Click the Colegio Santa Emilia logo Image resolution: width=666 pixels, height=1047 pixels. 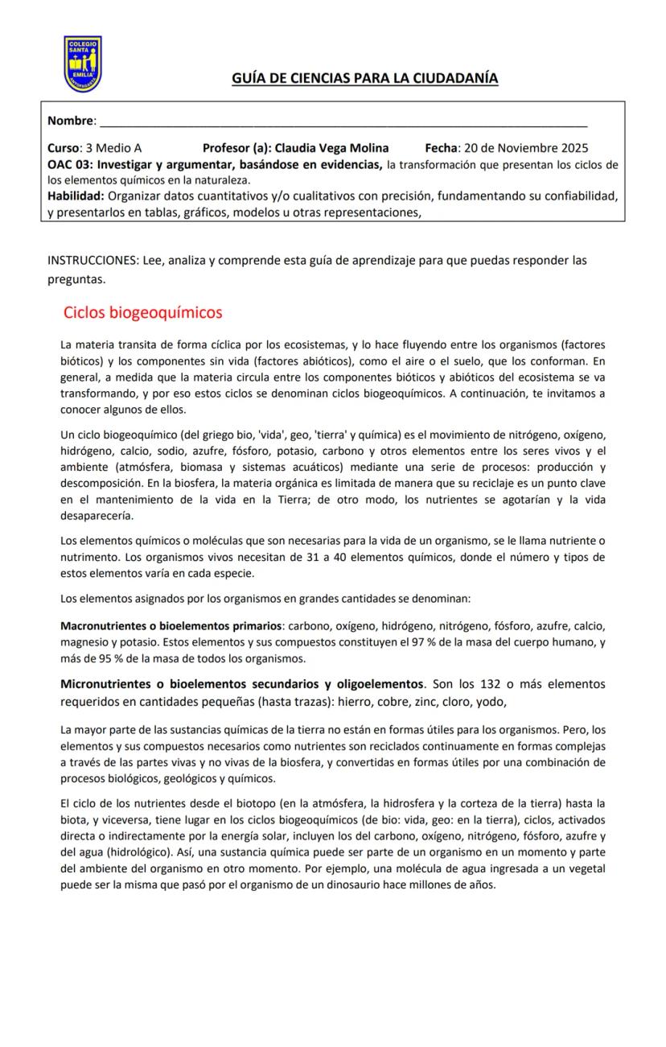click(82, 64)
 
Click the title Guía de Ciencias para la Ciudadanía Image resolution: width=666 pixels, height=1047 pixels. click(364, 78)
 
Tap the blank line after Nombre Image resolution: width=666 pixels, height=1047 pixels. click(342, 122)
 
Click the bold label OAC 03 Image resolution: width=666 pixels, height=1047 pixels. click(69, 165)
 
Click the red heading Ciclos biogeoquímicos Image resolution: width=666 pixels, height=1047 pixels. click(142, 312)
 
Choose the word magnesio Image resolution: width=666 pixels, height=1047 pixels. click(84, 642)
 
